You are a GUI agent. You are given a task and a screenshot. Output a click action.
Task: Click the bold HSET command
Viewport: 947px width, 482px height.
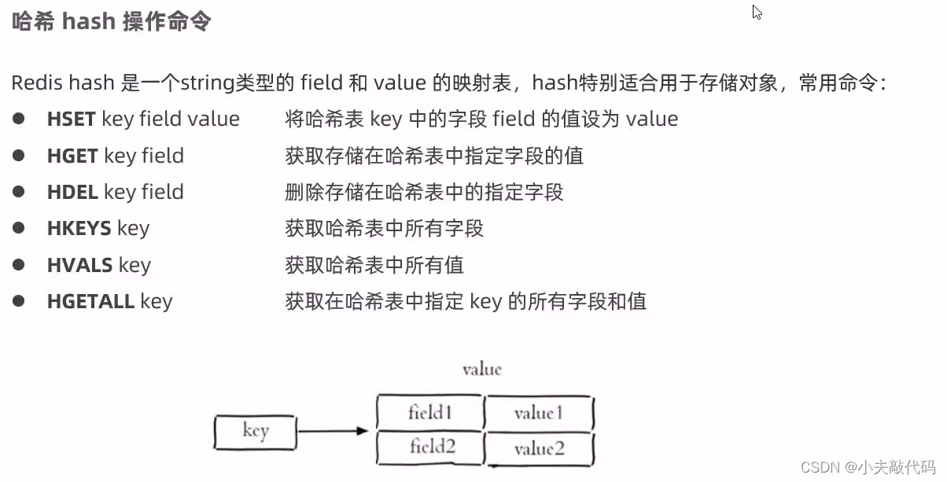point(71,120)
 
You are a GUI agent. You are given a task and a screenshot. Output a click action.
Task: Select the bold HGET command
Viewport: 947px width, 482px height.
point(72,156)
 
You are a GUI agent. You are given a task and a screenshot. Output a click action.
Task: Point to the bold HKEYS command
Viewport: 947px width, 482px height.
point(79,229)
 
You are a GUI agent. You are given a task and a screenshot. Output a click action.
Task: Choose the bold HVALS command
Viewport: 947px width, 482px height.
point(79,265)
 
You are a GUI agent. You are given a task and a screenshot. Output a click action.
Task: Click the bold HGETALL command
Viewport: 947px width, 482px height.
point(90,301)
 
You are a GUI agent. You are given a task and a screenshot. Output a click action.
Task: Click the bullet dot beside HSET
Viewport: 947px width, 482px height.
point(19,119)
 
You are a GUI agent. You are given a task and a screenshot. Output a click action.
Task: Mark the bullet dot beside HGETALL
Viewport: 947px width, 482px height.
point(19,301)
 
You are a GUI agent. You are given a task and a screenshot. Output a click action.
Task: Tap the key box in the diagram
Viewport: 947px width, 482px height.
point(256,431)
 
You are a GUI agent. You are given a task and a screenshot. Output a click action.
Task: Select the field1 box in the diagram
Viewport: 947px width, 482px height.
point(429,412)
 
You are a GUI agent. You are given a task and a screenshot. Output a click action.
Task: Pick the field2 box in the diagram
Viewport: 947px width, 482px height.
point(431,447)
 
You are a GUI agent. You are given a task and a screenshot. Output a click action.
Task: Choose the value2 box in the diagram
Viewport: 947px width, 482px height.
point(539,449)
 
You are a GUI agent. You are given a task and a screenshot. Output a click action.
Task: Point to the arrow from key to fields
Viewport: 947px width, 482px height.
point(333,431)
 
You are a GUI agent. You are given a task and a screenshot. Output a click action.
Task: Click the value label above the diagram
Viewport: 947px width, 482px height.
point(481,369)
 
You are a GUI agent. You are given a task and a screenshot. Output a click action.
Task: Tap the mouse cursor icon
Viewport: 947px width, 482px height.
point(757,12)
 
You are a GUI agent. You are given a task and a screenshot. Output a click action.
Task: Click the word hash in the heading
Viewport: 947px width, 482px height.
point(88,21)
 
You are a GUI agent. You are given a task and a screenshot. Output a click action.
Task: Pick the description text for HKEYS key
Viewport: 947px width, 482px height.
point(384,229)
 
